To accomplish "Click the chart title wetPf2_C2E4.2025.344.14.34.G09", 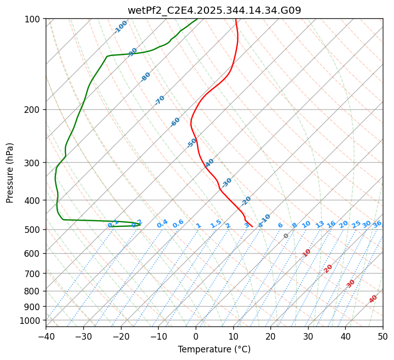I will coord(214,10).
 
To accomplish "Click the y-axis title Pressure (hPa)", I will coord(10,173).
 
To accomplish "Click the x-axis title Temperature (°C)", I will coord(214,349).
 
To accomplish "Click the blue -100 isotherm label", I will coord(120,27).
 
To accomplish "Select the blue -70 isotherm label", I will coord(160,100).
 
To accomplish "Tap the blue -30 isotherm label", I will coord(227,182).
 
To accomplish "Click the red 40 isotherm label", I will coord(373,299).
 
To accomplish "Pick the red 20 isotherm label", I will coord(328,268).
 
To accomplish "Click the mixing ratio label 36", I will coord(377,224).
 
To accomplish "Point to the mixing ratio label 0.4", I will coord(162,224).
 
